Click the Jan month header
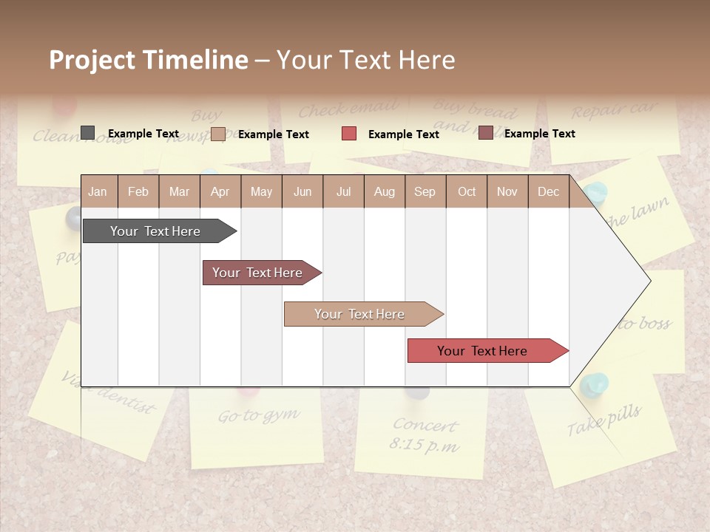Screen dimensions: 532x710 [x=98, y=191]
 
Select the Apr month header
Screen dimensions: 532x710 [x=220, y=191]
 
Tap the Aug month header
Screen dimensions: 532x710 [x=384, y=191]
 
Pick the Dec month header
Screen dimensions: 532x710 [x=548, y=191]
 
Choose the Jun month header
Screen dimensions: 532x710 [x=302, y=191]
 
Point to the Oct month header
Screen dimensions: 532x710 [x=467, y=191]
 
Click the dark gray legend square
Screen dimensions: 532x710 [x=88, y=133]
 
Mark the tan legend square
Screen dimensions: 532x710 [x=218, y=134]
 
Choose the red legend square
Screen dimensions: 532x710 [x=349, y=134]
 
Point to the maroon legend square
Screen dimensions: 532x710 [x=485, y=133]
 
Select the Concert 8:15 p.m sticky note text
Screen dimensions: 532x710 [x=425, y=435]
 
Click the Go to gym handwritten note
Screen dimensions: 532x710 [x=259, y=416]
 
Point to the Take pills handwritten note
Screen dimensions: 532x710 [x=604, y=420]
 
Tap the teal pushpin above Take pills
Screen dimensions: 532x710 [x=594, y=385]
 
